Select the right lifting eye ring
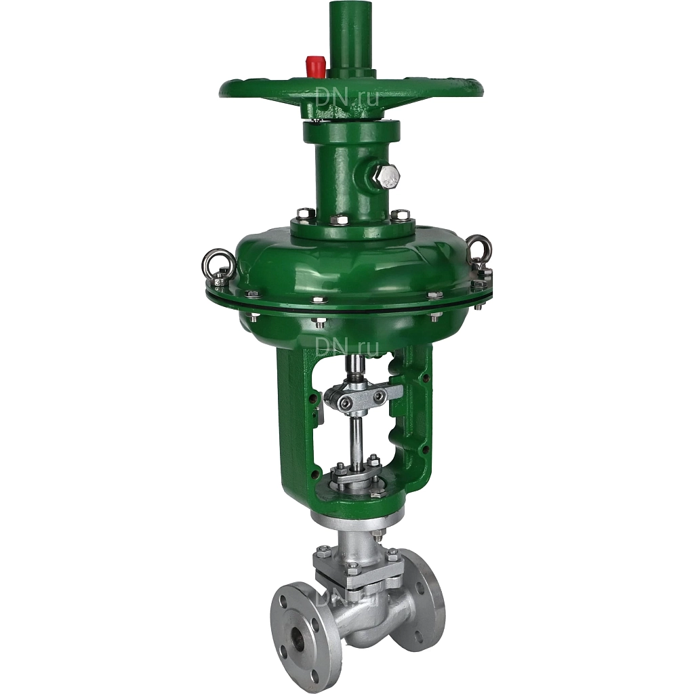(481, 251)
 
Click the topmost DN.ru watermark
(347, 96)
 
